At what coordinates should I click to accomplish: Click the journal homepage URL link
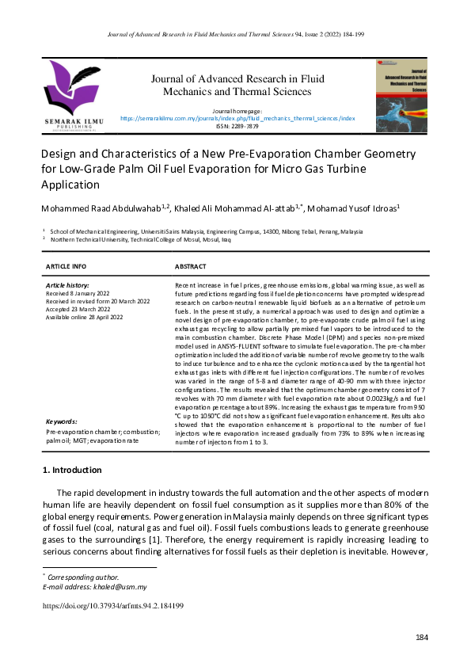237,117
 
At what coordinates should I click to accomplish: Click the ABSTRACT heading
190,266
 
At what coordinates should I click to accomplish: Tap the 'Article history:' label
67,284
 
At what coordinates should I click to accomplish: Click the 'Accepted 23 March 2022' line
78,309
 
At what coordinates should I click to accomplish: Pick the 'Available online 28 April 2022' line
85,317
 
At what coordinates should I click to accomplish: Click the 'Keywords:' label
61,422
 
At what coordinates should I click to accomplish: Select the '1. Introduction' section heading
71,471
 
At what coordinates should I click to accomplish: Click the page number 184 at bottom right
421,638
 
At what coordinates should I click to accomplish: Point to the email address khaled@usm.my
117,587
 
